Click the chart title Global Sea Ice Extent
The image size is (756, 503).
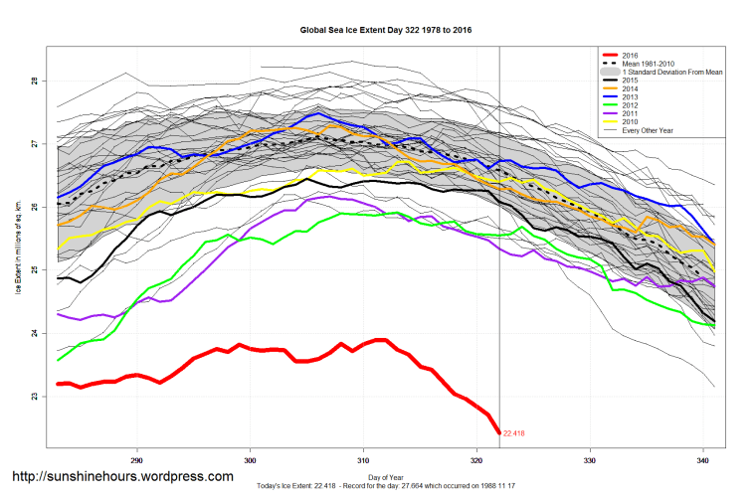pyautogui.click(x=385, y=30)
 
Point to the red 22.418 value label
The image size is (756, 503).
pyautogui.click(x=513, y=433)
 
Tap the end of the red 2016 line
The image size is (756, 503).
pyautogui.click(x=498, y=432)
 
